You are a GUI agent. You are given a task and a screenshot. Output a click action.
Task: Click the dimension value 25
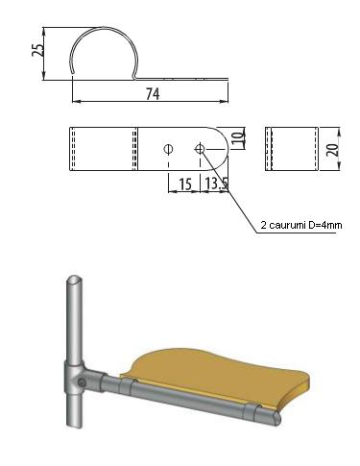[x=37, y=50]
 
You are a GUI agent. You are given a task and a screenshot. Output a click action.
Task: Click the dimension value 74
[x=153, y=94]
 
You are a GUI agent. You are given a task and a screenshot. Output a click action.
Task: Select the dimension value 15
[x=185, y=184]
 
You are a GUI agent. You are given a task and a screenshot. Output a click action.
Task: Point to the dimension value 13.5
[x=216, y=184]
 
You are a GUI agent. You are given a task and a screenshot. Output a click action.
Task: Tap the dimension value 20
[x=333, y=150]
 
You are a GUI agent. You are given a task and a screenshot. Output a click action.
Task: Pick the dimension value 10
[x=238, y=137]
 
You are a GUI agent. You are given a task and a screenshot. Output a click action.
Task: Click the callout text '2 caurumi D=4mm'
[x=301, y=225]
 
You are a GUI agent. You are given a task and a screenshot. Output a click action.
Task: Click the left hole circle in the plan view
[x=168, y=149]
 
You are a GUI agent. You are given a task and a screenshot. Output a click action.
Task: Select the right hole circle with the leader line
[x=200, y=149]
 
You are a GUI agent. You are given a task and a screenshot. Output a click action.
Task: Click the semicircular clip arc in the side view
[x=104, y=28]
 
